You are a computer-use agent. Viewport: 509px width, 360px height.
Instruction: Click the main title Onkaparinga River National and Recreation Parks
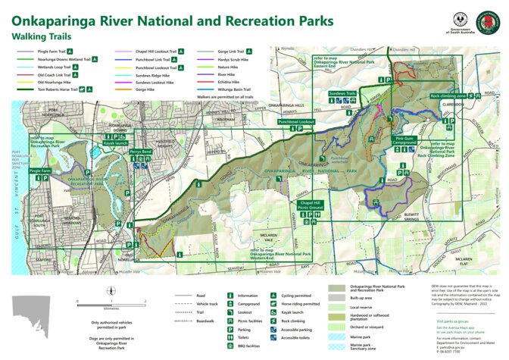[x=171, y=20]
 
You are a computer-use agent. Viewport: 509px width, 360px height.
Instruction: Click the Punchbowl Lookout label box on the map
[x=296, y=121]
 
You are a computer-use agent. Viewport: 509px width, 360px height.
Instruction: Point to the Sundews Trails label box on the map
[x=342, y=93]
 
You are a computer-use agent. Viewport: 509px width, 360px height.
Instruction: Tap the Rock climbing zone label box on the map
[x=448, y=96]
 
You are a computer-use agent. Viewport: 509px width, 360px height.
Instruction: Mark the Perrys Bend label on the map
[x=140, y=152]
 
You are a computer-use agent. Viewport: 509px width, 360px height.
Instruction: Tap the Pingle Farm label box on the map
[x=40, y=171]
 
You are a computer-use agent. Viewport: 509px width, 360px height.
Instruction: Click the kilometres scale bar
[x=111, y=302]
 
